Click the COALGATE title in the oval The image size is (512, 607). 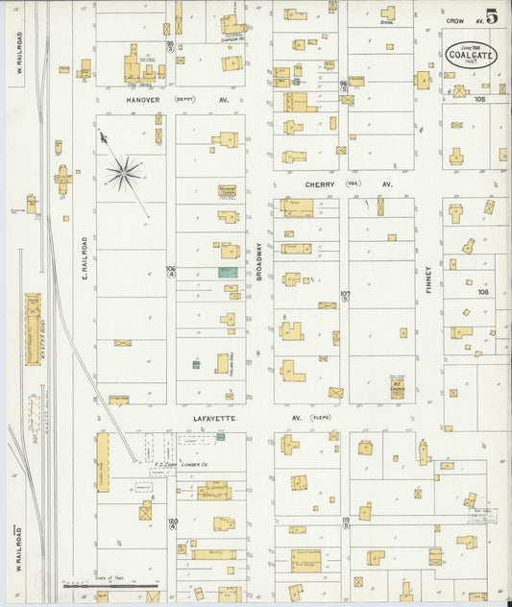point(471,55)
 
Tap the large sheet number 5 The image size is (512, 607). point(492,16)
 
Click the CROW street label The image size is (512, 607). point(454,20)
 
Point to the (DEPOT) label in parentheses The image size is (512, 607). point(184,99)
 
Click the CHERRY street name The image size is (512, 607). point(319,183)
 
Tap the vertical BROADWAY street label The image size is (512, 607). point(259,260)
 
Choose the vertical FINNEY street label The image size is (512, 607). point(428,280)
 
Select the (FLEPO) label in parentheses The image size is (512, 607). point(320,418)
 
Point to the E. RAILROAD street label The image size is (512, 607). point(85,259)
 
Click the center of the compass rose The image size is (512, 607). point(123,173)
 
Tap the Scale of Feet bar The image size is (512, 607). point(110,583)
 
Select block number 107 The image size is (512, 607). point(346,294)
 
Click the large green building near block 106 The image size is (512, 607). point(227,273)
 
